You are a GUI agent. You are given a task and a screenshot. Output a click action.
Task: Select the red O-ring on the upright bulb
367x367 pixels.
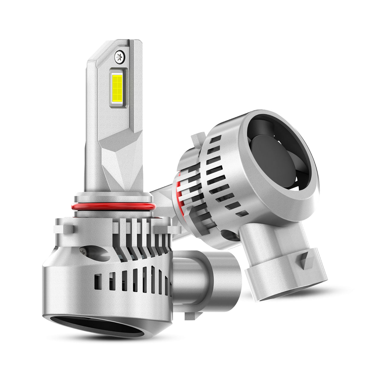[113, 207]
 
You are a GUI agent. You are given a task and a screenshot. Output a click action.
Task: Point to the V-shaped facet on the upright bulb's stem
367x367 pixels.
[121, 160]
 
